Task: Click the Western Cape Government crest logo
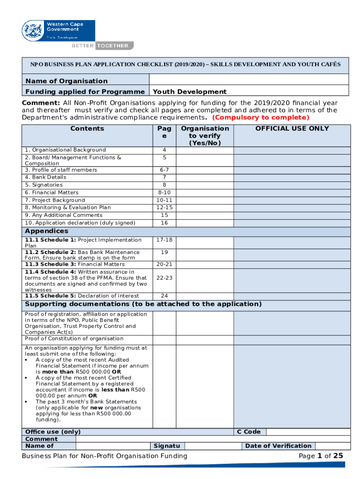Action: tap(33, 30)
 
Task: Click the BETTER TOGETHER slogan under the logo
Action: tap(102, 46)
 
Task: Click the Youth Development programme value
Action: tap(190, 92)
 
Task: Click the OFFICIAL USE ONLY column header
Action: tap(292, 129)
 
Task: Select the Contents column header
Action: tap(87, 129)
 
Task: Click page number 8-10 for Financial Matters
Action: tap(164, 192)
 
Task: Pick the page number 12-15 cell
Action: tap(164, 207)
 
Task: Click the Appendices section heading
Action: tap(46, 231)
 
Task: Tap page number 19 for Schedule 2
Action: tap(164, 252)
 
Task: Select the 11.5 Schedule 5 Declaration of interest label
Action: tap(82, 296)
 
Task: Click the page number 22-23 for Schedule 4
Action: tap(164, 278)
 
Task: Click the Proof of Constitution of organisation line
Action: tap(74, 338)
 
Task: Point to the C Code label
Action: tap(249, 432)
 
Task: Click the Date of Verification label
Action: tap(278, 446)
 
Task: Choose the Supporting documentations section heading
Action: tap(143, 304)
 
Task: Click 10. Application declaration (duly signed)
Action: tap(80, 223)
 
